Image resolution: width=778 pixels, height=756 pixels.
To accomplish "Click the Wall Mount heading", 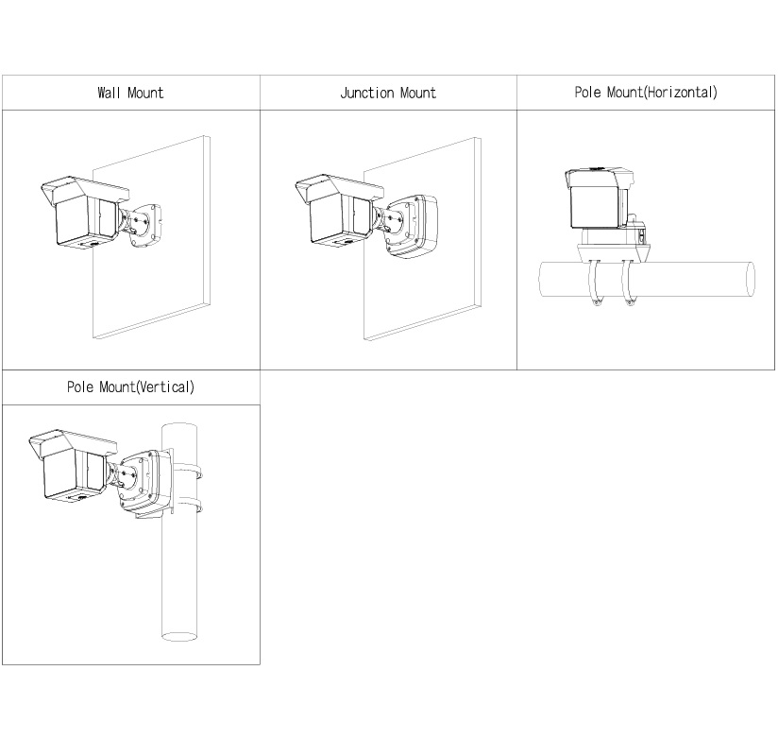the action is point(130,93).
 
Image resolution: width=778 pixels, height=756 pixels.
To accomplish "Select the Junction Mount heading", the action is point(388,93).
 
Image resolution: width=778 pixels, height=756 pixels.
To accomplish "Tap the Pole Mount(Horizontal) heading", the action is point(646,93).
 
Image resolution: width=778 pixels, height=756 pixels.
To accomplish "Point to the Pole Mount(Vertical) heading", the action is point(130,387).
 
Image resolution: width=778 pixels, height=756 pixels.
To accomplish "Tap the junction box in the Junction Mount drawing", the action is point(413,227).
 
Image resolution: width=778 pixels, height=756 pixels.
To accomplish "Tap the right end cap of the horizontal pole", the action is point(751,280).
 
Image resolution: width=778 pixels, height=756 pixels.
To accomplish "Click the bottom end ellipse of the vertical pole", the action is point(179,636).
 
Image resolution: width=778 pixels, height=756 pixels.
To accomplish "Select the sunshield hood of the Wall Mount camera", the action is point(84,189).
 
